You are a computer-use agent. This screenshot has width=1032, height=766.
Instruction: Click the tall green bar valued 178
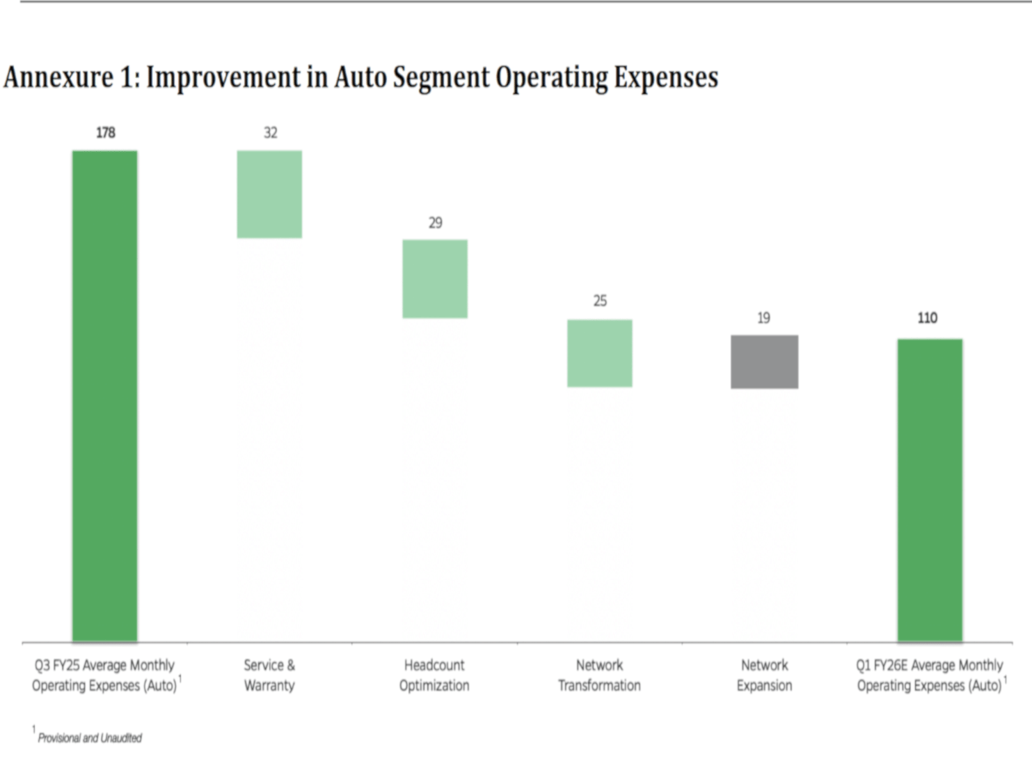[105, 396]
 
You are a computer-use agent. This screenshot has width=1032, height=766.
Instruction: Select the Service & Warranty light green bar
[269, 194]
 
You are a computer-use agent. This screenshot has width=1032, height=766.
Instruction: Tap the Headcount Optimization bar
[435, 279]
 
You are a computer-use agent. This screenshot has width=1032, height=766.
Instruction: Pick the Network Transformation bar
[600, 353]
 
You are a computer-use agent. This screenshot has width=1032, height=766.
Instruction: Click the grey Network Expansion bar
[764, 361]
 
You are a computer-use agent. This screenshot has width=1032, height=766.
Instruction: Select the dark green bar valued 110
[930, 490]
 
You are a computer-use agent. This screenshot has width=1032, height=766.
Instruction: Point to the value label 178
[106, 132]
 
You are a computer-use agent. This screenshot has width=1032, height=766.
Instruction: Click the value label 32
[271, 132]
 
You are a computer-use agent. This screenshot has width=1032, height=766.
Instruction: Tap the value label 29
[435, 223]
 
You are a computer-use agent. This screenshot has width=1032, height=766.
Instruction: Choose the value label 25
[600, 301]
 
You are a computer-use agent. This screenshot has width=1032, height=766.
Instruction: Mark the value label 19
[763, 318]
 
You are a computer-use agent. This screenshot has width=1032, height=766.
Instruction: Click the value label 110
[928, 318]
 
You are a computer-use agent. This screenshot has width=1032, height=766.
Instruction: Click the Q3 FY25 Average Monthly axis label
[105, 675]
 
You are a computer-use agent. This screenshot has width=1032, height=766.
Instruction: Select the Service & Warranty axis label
[269, 675]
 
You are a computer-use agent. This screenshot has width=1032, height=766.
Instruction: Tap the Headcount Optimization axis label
[434, 675]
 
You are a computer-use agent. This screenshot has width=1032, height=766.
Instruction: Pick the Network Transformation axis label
[599, 675]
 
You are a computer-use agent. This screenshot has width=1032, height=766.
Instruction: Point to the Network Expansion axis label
[764, 675]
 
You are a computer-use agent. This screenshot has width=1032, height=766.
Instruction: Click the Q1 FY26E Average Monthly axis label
[930, 675]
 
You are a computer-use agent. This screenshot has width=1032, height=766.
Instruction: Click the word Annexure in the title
[58, 77]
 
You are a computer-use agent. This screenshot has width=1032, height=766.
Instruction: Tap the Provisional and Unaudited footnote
[89, 738]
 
